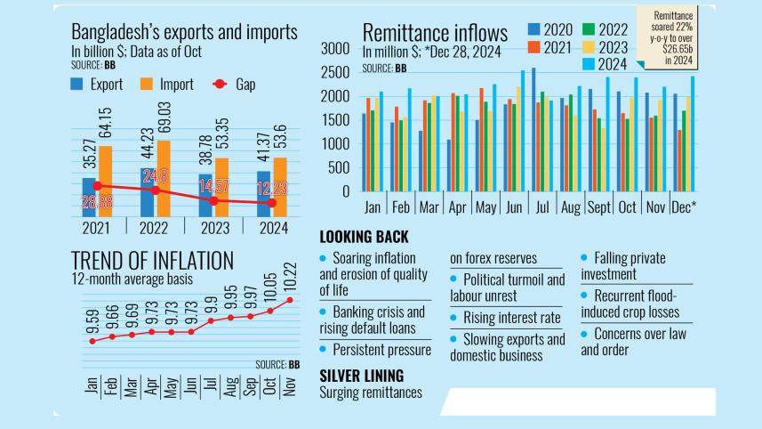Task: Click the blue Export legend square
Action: pos(77,85)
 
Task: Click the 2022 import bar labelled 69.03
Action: pos(163,178)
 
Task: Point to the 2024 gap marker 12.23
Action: pos(272,203)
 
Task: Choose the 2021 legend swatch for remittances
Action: pos(533,48)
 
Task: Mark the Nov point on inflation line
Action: pos(289,300)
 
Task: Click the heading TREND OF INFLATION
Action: pos(152,260)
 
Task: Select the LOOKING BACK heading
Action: pos(364,237)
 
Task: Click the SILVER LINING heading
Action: pos(361,376)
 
